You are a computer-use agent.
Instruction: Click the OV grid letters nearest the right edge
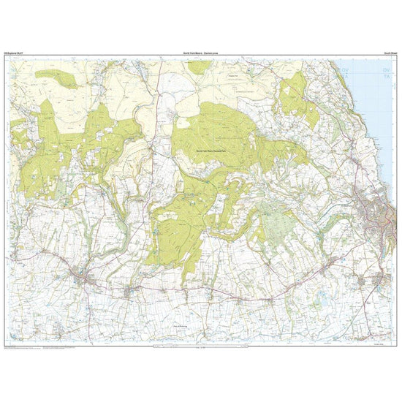point(385,67)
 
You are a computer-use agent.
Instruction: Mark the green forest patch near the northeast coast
point(297,99)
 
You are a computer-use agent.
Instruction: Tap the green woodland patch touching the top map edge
point(200,66)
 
